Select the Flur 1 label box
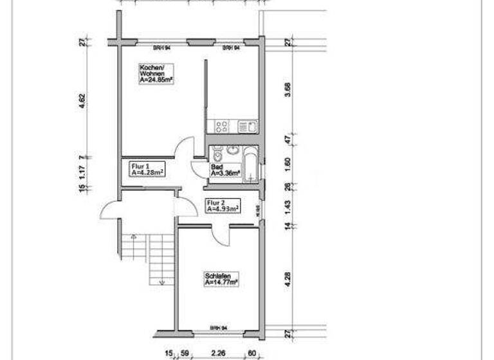click(x=146, y=168)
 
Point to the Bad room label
click(x=224, y=170)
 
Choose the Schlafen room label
click(x=221, y=278)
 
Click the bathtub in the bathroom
click(x=251, y=162)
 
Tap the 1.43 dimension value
click(x=288, y=207)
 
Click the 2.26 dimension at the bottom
click(x=217, y=352)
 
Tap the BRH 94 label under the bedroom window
click(x=218, y=328)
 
